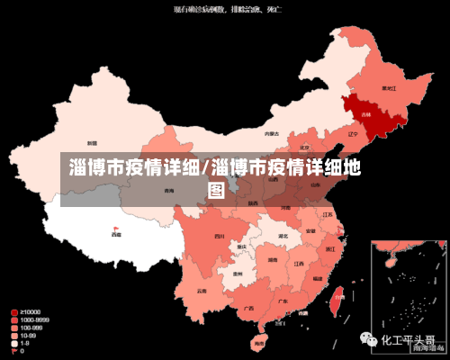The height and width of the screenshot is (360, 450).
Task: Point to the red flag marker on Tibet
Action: click(x=114, y=228)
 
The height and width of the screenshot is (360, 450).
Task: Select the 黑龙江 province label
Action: click(x=389, y=88)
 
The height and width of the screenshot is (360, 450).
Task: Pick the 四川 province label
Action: click(x=219, y=236)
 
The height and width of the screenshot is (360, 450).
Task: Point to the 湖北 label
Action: click(x=283, y=236)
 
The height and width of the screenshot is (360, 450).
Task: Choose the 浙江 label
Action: click(x=330, y=248)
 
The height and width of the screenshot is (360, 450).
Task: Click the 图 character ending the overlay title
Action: click(x=216, y=190)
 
